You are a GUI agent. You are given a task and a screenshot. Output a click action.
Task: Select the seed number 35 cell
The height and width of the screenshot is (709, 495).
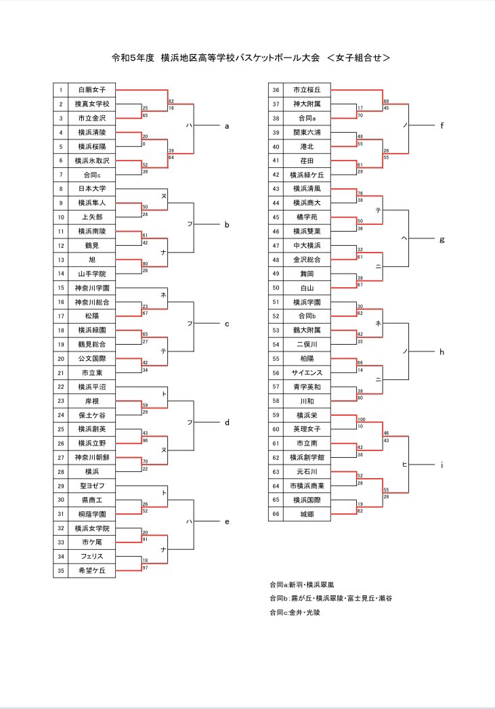[60, 571]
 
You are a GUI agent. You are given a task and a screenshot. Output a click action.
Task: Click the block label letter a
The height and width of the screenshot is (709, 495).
[227, 125]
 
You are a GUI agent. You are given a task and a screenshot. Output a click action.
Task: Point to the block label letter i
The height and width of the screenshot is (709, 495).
[442, 464]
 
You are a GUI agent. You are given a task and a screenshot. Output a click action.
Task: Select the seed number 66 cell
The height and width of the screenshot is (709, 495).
[276, 514]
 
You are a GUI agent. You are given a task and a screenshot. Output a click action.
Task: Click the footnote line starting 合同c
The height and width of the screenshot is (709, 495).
[294, 612]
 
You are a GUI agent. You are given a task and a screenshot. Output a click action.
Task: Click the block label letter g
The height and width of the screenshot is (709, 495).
[442, 238]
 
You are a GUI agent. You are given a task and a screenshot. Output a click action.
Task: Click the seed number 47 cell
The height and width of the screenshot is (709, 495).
[276, 245]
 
